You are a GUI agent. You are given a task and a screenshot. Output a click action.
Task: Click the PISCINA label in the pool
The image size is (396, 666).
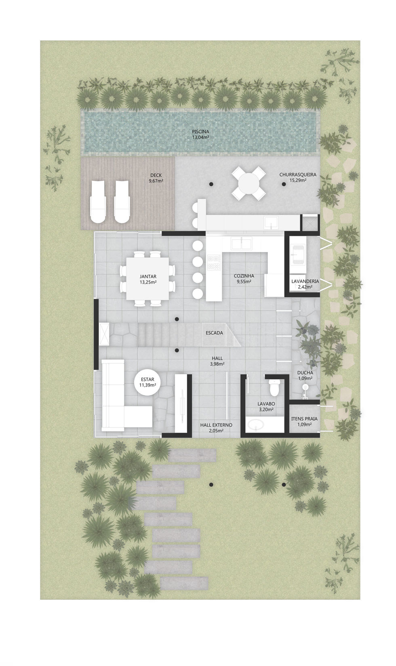pyautogui.click(x=200, y=132)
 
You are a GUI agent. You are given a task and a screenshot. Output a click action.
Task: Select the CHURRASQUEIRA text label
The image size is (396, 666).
pyautogui.click(x=298, y=175)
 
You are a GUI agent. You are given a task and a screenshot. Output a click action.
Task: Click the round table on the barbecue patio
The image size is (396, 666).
pyautogui.click(x=249, y=184)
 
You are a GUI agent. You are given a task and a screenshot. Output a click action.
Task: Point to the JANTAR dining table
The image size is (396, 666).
pyautogui.click(x=148, y=279)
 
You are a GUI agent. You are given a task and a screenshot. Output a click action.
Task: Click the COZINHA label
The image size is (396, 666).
pyautogui.click(x=244, y=276)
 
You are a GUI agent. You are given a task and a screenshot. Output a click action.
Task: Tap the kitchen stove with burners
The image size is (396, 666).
pyautogui.click(x=214, y=263)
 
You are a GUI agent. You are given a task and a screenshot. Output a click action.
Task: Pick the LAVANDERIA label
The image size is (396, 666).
pyautogui.click(x=305, y=282)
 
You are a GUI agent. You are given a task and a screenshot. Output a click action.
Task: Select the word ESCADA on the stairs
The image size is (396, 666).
pyautogui.click(x=214, y=333)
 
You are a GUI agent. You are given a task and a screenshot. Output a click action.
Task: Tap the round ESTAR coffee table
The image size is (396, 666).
pyautogui.click(x=148, y=382)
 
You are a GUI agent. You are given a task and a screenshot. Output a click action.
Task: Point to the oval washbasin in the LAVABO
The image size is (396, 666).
pyautogui.click(x=257, y=424)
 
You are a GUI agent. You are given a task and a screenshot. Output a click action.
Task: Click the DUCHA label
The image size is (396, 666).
pyautogui.click(x=305, y=373)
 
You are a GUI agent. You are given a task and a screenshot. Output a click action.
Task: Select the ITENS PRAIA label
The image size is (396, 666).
pyautogui.click(x=304, y=419)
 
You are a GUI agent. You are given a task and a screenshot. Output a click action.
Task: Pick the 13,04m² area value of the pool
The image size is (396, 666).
pyautogui.click(x=200, y=137)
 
